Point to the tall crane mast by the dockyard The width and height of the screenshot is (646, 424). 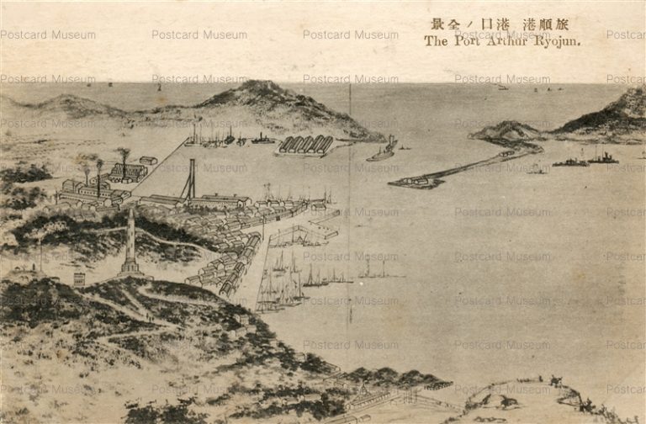click(191, 178)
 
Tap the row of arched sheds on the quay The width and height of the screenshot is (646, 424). click(304, 145)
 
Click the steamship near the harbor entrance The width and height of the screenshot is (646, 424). click(383, 151)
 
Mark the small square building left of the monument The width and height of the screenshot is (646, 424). click(79, 278)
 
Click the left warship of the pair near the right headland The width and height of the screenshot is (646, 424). click(570, 162)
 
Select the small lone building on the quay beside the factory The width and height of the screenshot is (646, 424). click(148, 160)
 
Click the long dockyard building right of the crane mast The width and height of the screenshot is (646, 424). click(220, 201)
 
